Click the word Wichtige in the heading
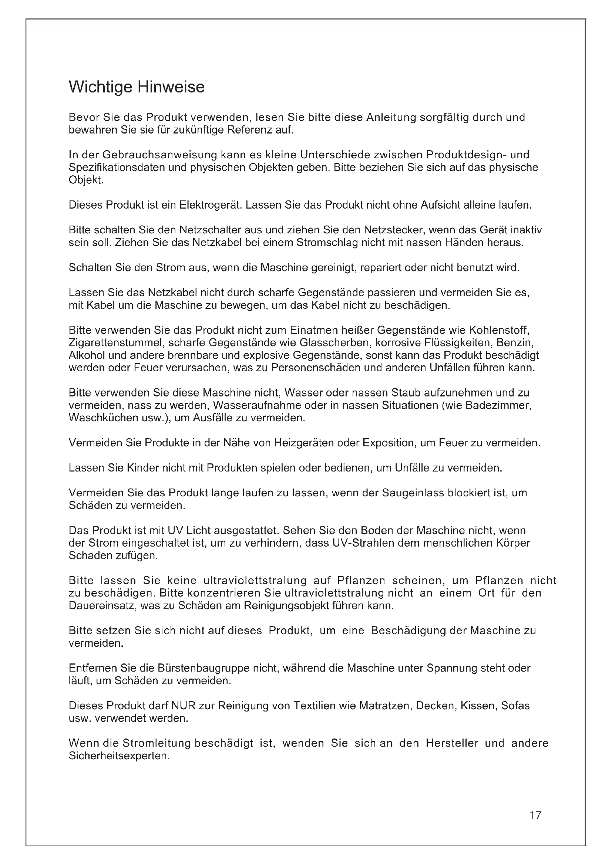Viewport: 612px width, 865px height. click(x=100, y=87)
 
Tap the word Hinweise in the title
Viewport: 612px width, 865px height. click(x=170, y=87)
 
